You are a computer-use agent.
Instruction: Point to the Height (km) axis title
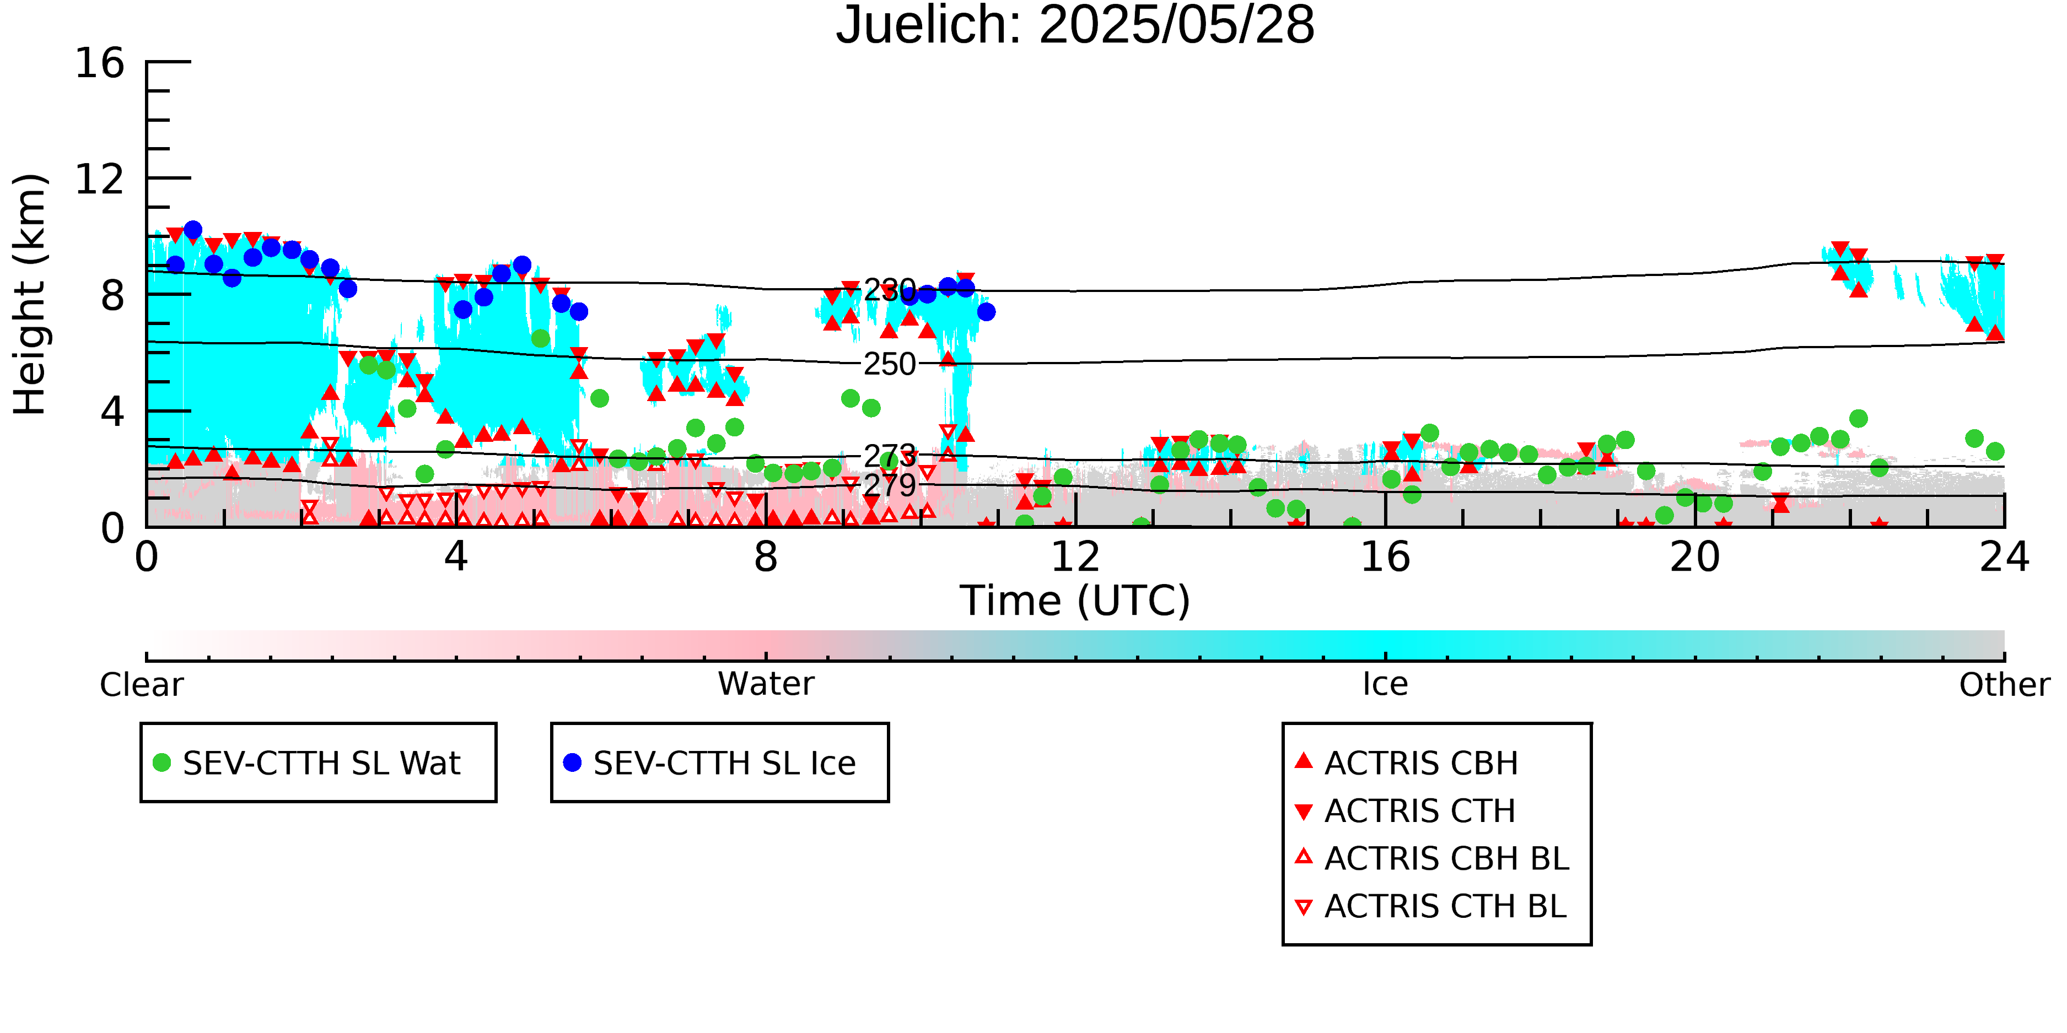click(30, 294)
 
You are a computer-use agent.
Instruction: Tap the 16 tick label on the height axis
click(100, 63)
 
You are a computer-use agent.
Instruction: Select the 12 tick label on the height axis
click(100, 179)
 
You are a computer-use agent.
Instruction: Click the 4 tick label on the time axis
click(456, 556)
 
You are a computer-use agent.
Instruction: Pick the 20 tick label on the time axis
click(1695, 556)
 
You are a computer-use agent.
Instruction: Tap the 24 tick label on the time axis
click(2004, 556)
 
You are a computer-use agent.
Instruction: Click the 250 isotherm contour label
click(889, 364)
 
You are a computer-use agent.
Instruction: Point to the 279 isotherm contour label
click(889, 485)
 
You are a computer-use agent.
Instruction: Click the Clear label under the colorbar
click(141, 685)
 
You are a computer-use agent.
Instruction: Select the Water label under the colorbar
click(766, 684)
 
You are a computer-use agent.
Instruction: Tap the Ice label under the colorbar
click(1385, 684)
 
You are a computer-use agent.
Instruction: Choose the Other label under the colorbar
click(2004, 685)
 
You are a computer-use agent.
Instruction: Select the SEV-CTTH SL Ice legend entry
click(710, 762)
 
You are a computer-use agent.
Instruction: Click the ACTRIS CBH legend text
click(1421, 764)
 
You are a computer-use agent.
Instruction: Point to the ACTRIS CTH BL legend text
click(1445, 906)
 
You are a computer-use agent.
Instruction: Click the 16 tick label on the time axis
click(1385, 556)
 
